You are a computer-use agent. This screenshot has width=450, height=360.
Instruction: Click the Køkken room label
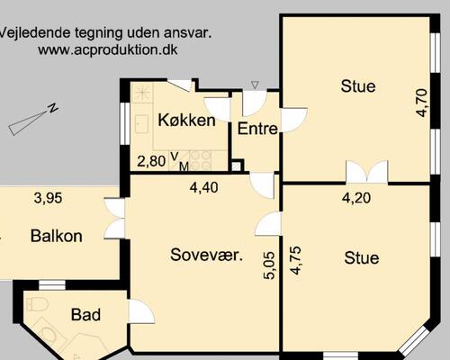point(185,121)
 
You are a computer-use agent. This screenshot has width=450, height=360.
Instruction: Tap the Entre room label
point(256,129)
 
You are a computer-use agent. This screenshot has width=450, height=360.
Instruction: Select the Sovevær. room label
point(207,255)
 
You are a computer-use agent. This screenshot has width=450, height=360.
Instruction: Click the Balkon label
point(56,237)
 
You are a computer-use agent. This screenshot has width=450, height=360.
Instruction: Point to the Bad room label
point(85,315)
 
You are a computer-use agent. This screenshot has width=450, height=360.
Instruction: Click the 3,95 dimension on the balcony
point(49,198)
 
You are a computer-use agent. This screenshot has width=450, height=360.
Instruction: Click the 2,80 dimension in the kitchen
point(151,162)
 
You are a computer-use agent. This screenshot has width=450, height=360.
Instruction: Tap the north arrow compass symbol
point(33,120)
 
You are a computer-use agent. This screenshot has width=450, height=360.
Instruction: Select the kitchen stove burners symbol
point(201,160)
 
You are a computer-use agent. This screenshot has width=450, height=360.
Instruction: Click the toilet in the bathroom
point(37,304)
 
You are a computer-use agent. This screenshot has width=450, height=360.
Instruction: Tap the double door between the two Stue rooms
point(366,172)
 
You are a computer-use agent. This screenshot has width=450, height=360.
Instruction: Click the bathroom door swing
point(140,311)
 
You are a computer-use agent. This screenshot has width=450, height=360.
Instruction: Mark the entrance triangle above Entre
point(255,85)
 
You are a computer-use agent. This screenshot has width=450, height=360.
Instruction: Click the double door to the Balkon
point(114,219)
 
